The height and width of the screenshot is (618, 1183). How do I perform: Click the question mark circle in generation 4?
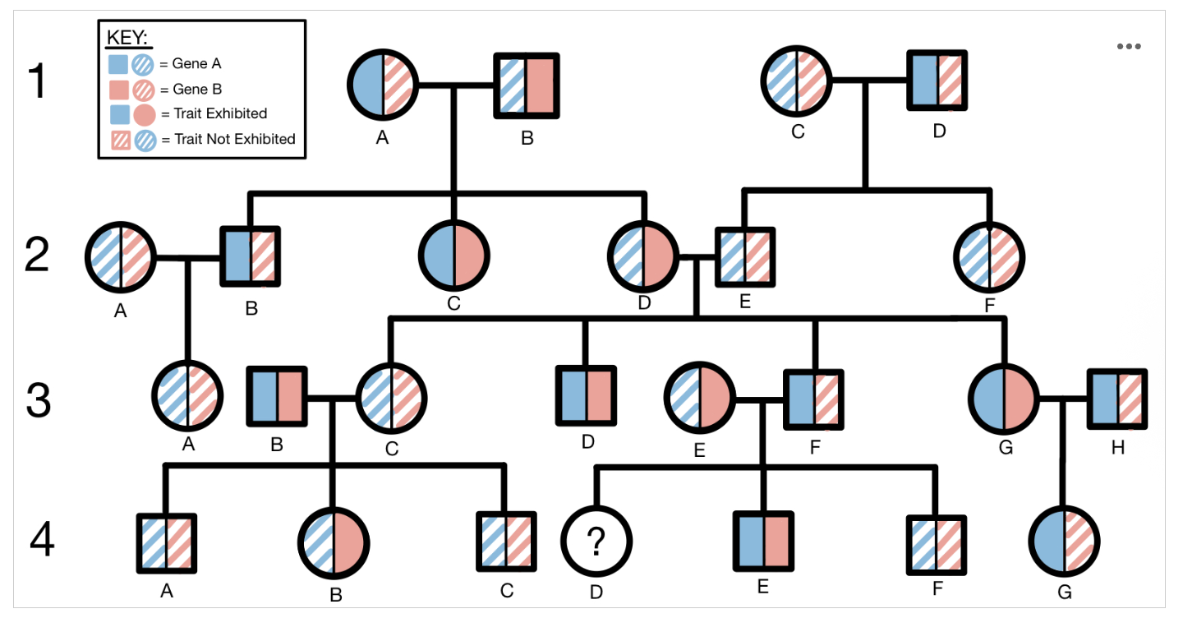[596, 543]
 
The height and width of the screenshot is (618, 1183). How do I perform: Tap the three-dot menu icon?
[1129, 46]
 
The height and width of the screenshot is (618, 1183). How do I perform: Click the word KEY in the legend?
[127, 38]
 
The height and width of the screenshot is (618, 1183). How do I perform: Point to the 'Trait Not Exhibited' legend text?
[234, 139]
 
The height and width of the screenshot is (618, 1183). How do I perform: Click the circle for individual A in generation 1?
[383, 85]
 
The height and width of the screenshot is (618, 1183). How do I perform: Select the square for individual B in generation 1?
[527, 85]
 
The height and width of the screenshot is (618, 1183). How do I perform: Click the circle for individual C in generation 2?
[453, 255]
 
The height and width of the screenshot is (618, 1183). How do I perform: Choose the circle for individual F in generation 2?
[991, 255]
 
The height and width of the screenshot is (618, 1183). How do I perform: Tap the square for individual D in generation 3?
[587, 397]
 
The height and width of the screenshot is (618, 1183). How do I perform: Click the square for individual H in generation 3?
[1117, 399]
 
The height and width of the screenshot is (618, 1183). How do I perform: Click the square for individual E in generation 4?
[763, 542]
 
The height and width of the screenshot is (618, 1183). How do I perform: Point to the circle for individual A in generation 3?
[188, 398]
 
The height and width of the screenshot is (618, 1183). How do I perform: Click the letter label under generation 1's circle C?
[797, 131]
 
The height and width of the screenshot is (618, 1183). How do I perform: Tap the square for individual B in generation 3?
[278, 398]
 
